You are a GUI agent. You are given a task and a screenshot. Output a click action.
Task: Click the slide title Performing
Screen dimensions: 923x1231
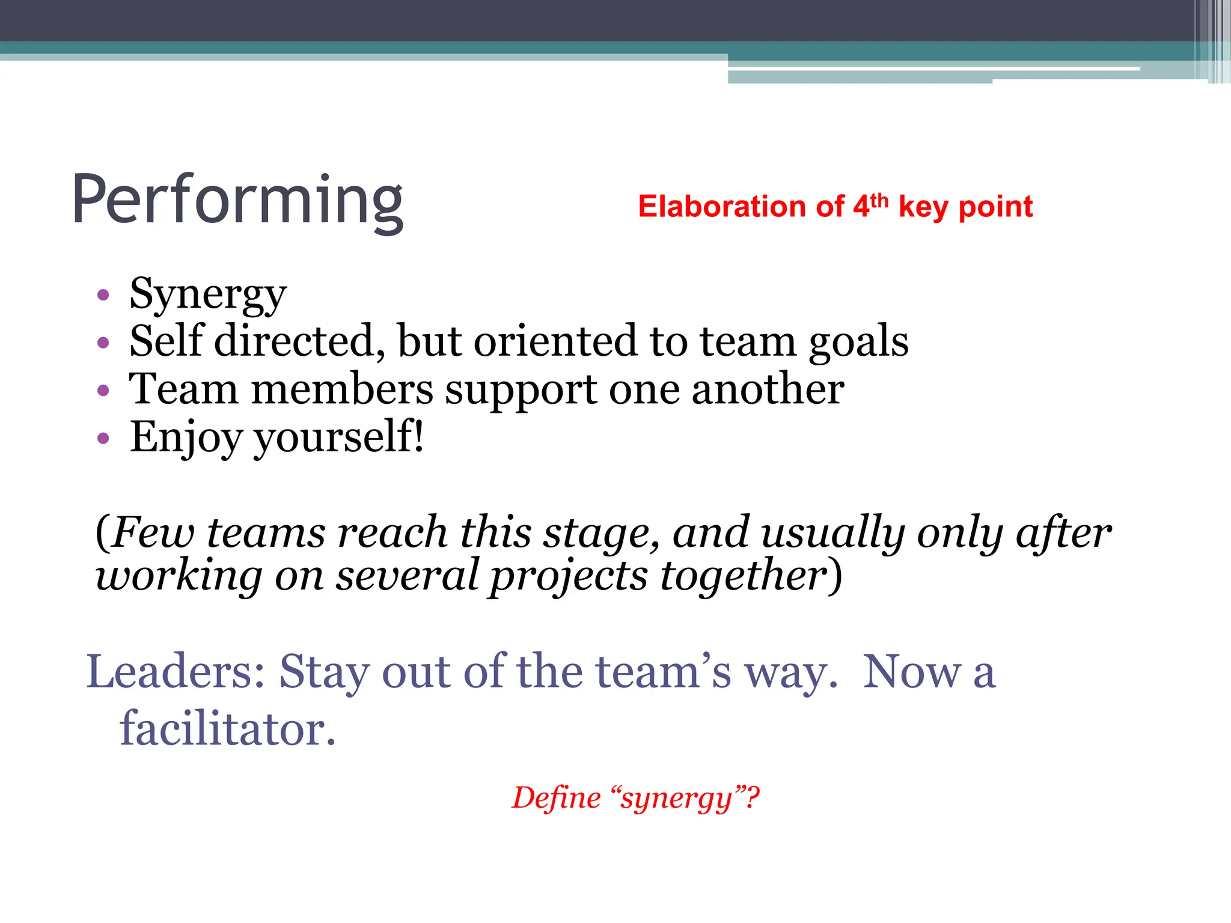[x=237, y=200]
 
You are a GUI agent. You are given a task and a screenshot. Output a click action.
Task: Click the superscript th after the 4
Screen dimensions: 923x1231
[x=879, y=200]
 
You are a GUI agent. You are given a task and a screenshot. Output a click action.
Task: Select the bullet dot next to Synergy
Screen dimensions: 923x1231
[x=103, y=294]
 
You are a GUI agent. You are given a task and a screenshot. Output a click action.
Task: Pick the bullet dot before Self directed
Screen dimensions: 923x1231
[x=103, y=343]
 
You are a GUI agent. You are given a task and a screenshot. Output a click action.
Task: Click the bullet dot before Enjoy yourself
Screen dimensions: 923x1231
[x=103, y=438]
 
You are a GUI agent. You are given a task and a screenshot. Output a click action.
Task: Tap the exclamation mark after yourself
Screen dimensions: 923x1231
[x=418, y=436]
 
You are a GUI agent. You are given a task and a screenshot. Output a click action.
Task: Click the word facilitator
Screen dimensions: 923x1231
[x=228, y=729]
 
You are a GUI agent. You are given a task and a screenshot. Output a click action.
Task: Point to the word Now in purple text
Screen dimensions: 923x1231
[x=912, y=672]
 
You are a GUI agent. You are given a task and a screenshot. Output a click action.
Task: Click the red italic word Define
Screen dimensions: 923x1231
[x=556, y=798]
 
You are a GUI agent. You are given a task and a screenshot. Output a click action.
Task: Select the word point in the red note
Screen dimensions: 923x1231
[x=995, y=207]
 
